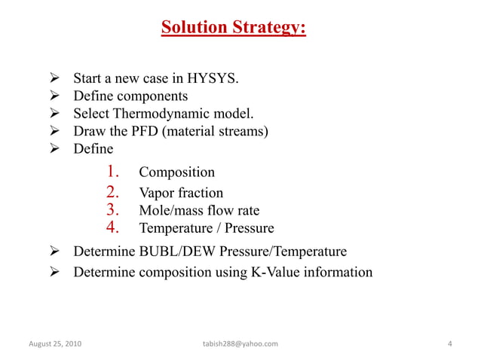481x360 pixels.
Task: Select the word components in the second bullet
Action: (x=153, y=96)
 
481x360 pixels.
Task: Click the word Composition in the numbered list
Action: (x=177, y=172)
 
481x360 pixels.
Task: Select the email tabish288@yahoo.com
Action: (x=240, y=344)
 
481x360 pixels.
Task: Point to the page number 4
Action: (x=449, y=344)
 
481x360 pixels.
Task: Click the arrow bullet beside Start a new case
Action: (x=54, y=78)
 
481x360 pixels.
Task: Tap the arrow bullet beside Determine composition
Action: (x=54, y=271)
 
